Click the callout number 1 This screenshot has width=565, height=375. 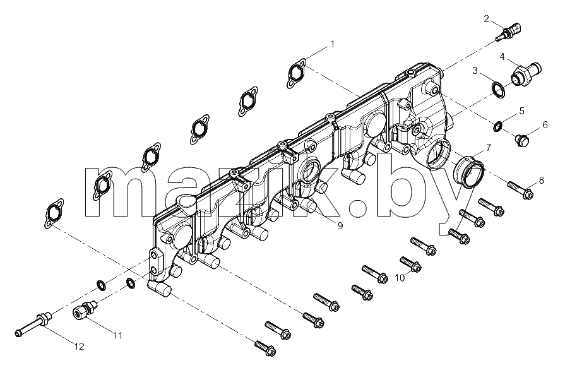(332, 44)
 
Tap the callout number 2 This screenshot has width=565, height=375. (486, 19)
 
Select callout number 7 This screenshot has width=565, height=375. (488, 147)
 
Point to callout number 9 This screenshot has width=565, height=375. (340, 226)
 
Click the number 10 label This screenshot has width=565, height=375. (400, 278)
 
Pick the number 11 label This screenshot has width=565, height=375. (117, 336)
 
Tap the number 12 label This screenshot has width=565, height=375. (79, 347)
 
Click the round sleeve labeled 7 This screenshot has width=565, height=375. (469, 171)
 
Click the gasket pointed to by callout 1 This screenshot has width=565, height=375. (297, 73)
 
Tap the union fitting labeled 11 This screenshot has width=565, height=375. (85, 309)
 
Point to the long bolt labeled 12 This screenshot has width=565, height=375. (33, 324)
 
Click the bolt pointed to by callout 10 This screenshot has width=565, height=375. (411, 265)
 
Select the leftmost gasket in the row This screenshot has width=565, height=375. (54, 213)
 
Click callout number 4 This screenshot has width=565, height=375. (502, 57)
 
